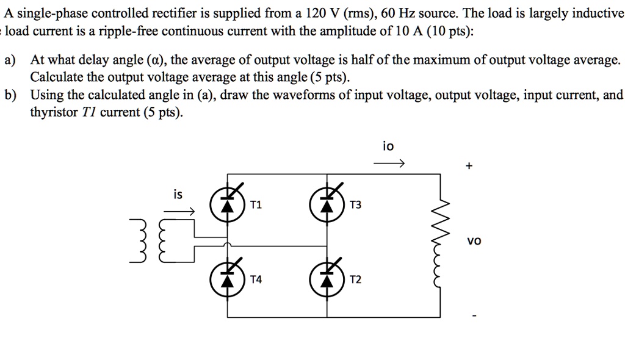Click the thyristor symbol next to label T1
pos(228,205)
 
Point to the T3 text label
pos(355,206)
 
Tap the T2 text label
pos(355,279)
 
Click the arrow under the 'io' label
pos(389,164)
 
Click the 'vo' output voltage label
pos(474,241)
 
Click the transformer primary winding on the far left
pos(138,243)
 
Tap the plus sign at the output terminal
pos(468,165)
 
